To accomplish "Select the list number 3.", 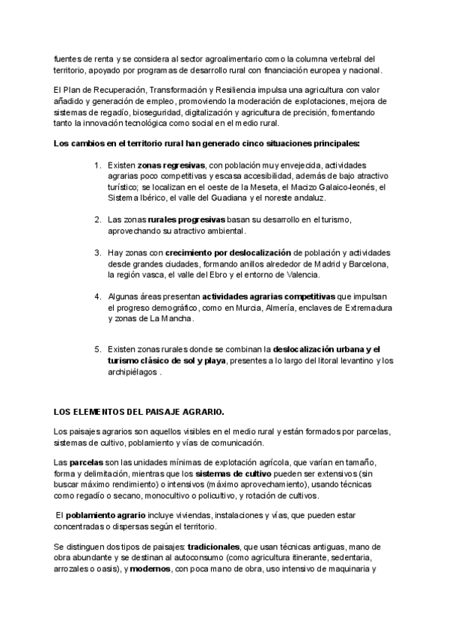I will coord(97,252).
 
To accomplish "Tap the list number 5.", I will coord(97,349).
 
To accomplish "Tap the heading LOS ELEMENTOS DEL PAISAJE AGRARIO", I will coord(138,413).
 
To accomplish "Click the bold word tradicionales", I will coord(214,547).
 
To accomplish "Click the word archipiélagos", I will coord(132,371).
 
